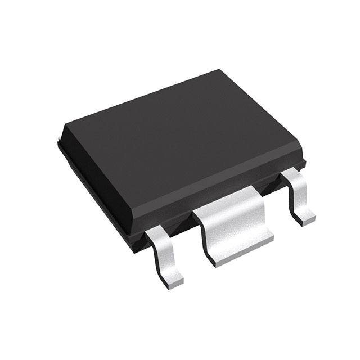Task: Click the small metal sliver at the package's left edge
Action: pyautogui.click(x=60, y=137)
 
